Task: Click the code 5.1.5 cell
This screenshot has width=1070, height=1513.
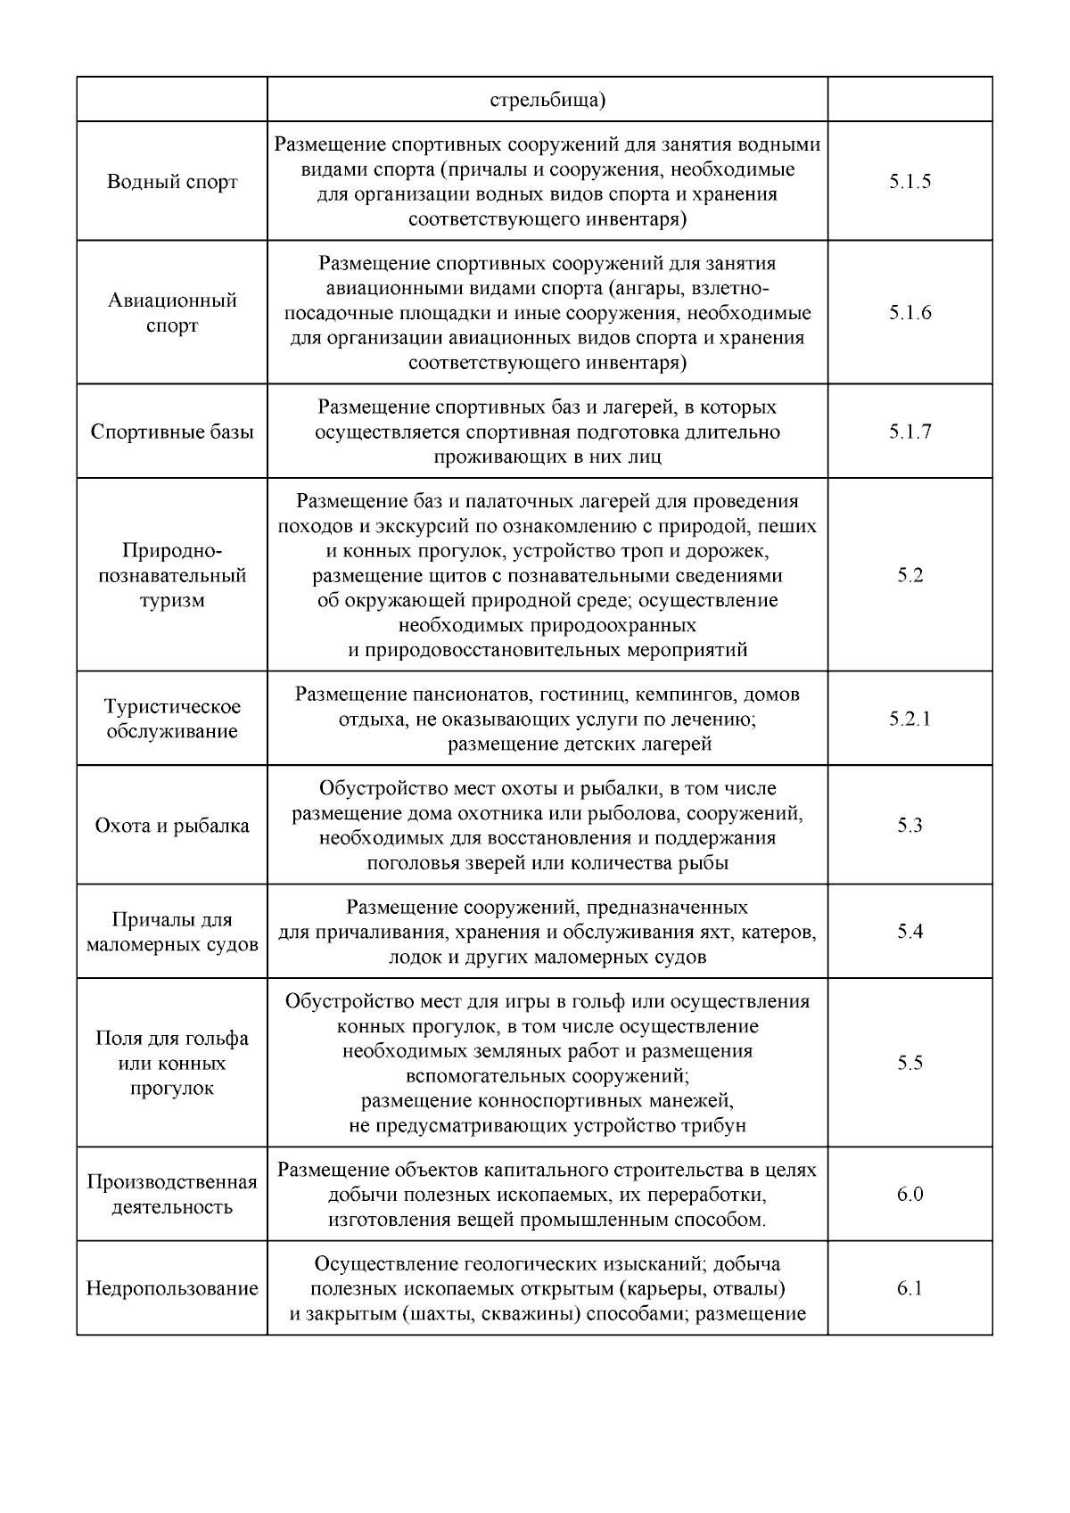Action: point(909,182)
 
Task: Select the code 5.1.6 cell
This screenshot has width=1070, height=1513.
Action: point(909,313)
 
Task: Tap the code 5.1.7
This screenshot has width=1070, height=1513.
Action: point(909,432)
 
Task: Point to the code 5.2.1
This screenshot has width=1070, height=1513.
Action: point(909,719)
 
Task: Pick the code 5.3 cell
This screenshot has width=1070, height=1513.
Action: point(909,826)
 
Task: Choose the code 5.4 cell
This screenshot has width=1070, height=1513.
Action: point(909,932)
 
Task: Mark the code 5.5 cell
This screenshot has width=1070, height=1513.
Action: point(909,1063)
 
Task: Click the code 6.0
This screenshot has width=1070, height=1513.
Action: point(909,1194)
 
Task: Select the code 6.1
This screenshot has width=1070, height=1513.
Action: point(909,1288)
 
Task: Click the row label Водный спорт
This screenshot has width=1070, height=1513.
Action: point(172,182)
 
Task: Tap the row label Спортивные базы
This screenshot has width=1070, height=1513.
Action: point(172,432)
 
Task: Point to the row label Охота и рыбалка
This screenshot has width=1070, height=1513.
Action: point(172,826)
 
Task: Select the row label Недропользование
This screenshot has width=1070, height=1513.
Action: point(172,1289)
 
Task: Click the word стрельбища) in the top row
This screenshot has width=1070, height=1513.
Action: point(547,99)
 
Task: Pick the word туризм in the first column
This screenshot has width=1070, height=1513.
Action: point(172,601)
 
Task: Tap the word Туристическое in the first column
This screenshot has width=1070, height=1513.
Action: point(172,707)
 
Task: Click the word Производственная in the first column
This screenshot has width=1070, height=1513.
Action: point(172,1182)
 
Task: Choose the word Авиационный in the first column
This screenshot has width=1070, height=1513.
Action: point(172,300)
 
